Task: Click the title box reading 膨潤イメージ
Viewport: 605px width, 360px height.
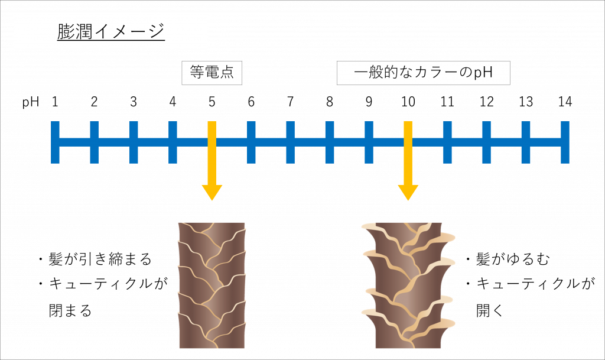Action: pos(111,32)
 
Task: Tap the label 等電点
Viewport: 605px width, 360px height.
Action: pos(212,73)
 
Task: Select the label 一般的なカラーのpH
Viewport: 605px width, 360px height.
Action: pos(423,73)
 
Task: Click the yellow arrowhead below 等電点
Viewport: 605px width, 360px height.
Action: pos(212,192)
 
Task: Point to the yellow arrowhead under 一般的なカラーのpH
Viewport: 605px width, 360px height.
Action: pos(408,192)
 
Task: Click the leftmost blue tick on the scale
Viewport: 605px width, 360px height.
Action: pos(56,142)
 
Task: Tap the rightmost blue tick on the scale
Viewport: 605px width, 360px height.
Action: pos(565,142)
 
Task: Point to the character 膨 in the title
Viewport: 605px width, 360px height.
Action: pos(64,32)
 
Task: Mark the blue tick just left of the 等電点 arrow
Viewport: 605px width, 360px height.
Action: pos(173,142)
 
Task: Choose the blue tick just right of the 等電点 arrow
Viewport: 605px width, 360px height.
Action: pos(251,142)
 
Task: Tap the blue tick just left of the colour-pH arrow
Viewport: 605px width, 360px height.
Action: pos(369,142)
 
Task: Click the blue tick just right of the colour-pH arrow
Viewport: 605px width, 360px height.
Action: pos(447,142)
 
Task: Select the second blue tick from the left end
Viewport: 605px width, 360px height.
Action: pos(95,142)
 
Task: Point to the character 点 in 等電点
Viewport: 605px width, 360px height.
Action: pos(227,73)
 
